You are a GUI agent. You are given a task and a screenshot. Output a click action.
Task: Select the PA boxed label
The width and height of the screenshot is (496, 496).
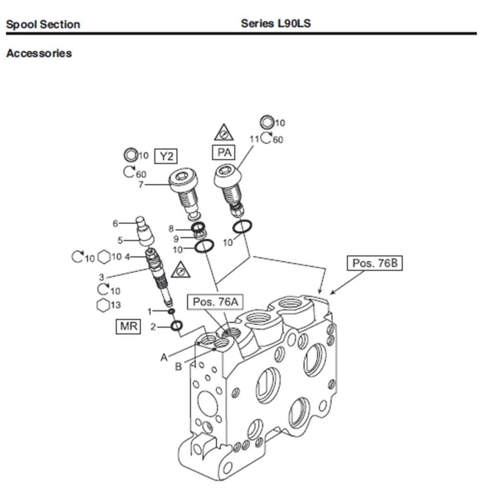click(x=224, y=152)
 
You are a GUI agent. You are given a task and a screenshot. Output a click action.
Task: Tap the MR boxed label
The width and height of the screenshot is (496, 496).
click(x=128, y=327)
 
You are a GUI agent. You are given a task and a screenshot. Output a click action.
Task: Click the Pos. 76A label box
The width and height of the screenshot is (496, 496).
click(x=215, y=302)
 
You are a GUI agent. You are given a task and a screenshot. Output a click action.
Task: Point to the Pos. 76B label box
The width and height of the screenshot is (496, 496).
click(x=374, y=263)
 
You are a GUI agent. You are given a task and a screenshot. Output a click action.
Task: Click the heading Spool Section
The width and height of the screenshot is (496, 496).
click(x=43, y=24)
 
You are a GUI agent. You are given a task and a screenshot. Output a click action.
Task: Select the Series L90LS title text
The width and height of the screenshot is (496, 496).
click(x=276, y=23)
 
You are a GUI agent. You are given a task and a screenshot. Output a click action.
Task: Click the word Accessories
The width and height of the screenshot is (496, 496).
click(x=39, y=53)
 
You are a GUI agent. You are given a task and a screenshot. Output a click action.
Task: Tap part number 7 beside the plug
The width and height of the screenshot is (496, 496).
click(x=141, y=185)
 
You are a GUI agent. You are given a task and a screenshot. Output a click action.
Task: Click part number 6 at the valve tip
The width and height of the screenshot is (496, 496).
click(x=115, y=224)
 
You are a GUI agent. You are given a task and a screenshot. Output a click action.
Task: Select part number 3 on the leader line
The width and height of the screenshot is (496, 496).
click(x=101, y=277)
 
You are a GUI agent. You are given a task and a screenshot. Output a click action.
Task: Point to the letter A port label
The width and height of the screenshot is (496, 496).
click(x=164, y=357)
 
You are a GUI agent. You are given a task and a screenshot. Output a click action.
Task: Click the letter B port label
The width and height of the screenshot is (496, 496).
click(x=178, y=367)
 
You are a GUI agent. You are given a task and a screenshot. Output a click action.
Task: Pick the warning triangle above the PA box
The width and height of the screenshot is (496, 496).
click(x=224, y=133)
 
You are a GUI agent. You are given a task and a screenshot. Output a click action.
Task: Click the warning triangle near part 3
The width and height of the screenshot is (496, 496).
click(x=181, y=270)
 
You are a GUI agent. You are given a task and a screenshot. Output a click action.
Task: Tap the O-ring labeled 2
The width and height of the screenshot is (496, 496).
click(x=176, y=326)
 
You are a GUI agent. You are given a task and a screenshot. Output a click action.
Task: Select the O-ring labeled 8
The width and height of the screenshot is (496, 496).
click(x=199, y=227)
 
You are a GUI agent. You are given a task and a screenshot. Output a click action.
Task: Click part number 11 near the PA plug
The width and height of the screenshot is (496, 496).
click(x=254, y=139)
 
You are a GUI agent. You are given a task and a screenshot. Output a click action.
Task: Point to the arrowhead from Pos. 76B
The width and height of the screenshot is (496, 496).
click(x=332, y=293)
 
